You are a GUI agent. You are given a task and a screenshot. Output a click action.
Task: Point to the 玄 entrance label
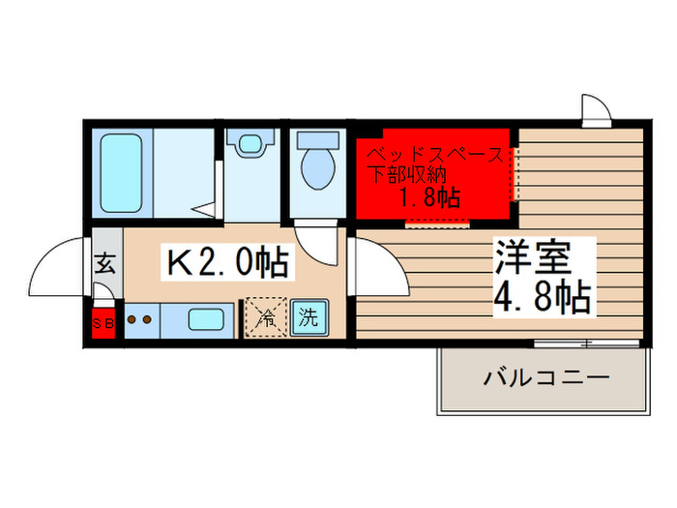105,263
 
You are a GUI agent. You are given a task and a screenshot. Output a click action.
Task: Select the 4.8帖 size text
543,299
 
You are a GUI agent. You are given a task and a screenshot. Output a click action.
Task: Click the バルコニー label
546,377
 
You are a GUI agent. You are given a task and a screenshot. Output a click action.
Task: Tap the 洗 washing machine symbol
308,316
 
